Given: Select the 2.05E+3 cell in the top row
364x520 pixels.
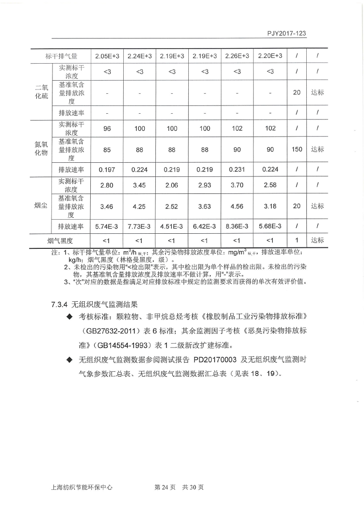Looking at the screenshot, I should click(107, 56).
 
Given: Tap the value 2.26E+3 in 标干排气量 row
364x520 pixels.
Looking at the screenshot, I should click(237, 56).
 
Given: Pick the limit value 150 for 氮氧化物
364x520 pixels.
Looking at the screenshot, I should click(297, 149).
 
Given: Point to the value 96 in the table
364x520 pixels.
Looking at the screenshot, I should click(107, 129).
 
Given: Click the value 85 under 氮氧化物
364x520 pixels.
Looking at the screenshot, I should click(107, 150).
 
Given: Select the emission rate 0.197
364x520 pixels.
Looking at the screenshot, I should click(107, 170).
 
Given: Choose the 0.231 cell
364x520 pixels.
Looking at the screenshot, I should click(237, 170).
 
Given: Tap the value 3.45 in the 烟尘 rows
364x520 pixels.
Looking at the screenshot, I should click(139, 186).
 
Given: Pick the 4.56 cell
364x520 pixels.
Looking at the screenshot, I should click(237, 207).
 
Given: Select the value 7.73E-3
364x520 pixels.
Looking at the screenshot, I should click(139, 226).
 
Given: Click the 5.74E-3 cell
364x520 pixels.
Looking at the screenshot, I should click(107, 226).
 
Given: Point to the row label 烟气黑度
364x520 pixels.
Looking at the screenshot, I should click(60, 241).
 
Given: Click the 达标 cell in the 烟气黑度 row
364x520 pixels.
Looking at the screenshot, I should click(317, 240).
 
